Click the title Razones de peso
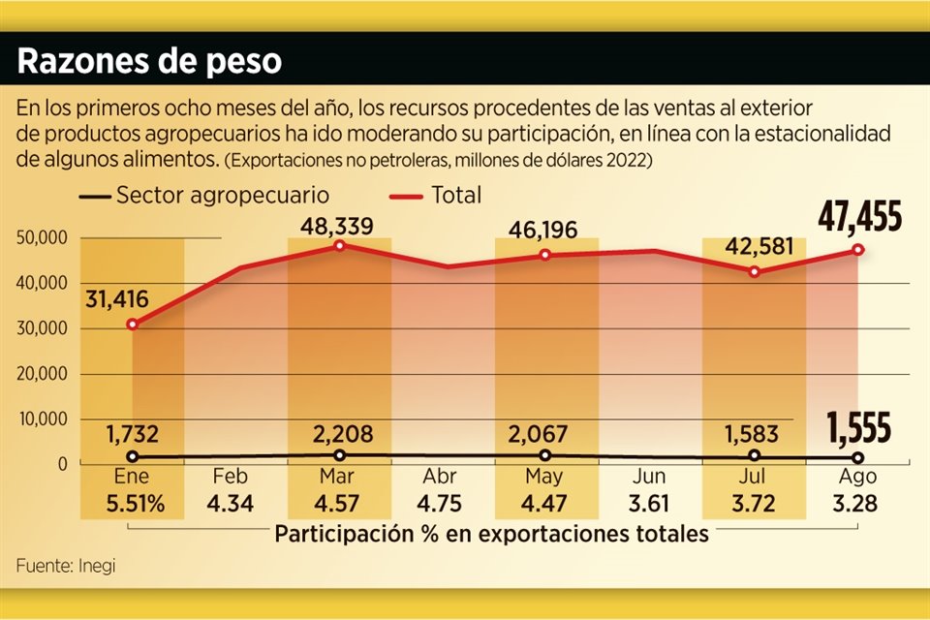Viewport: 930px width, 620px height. (150, 62)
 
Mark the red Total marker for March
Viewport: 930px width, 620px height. (339, 246)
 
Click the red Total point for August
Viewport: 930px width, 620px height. (858, 249)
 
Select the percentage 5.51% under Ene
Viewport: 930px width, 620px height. (132, 504)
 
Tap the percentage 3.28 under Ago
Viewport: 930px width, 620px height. (857, 504)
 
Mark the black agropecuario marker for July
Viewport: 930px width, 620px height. (754, 455)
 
